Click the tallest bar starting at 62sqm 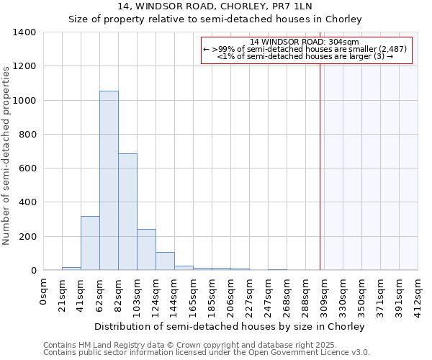tap(109, 180)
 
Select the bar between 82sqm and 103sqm tap(127, 212)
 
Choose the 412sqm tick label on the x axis tap(418, 292)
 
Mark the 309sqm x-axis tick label tap(325, 292)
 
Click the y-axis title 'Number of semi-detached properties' tap(6, 155)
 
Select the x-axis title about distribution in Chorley tap(230, 326)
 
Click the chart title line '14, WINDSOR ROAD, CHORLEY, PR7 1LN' tap(215, 6)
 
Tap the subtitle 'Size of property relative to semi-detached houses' tap(215, 19)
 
